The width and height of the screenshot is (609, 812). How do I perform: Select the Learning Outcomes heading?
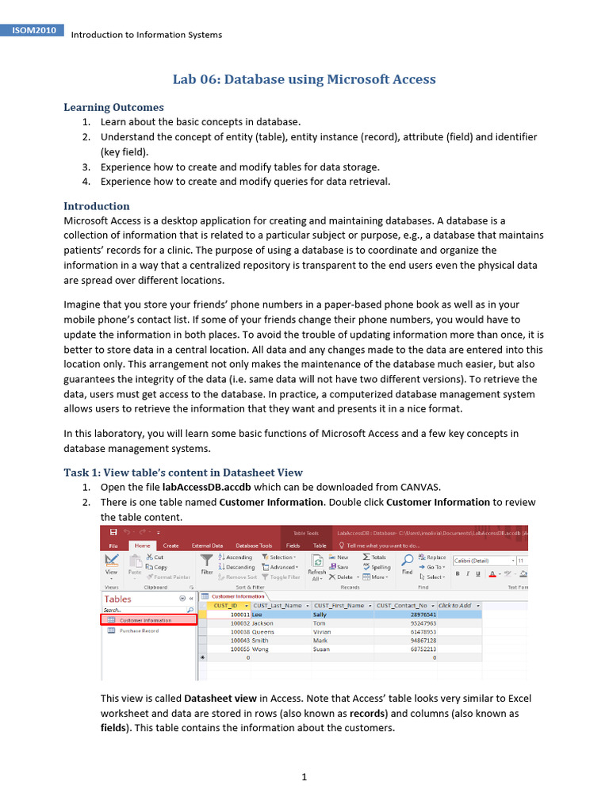(x=113, y=107)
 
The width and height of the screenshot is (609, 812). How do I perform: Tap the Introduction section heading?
(x=96, y=205)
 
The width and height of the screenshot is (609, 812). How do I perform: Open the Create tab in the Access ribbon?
(x=170, y=546)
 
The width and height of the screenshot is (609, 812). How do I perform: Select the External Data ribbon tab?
(x=207, y=546)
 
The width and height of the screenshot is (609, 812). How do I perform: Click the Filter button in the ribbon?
(x=207, y=565)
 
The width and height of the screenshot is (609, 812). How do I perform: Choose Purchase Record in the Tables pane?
(x=139, y=630)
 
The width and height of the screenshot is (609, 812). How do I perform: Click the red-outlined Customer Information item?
(x=148, y=619)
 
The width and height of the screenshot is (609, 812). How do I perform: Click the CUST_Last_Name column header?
(x=277, y=605)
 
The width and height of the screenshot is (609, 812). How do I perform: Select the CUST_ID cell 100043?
(x=240, y=640)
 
